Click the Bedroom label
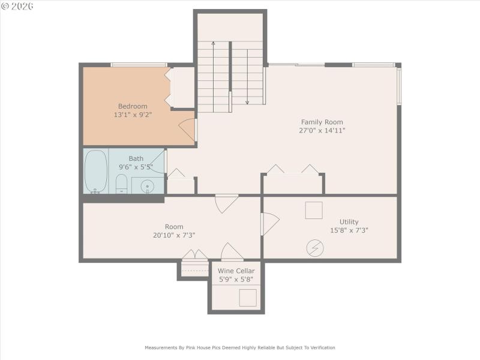[133, 106]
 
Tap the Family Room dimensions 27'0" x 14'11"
[323, 130]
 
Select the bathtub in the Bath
[95, 171]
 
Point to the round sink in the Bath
[147, 186]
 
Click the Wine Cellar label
[236, 271]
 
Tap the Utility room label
[349, 221]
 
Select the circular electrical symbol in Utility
[314, 248]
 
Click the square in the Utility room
[314, 211]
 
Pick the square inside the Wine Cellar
[248, 298]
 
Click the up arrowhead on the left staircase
[213, 44]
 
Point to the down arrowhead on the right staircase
[247, 102]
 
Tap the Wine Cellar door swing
[232, 252]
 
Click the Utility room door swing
[270, 224]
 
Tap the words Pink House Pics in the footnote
[203, 347]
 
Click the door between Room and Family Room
[227, 203]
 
